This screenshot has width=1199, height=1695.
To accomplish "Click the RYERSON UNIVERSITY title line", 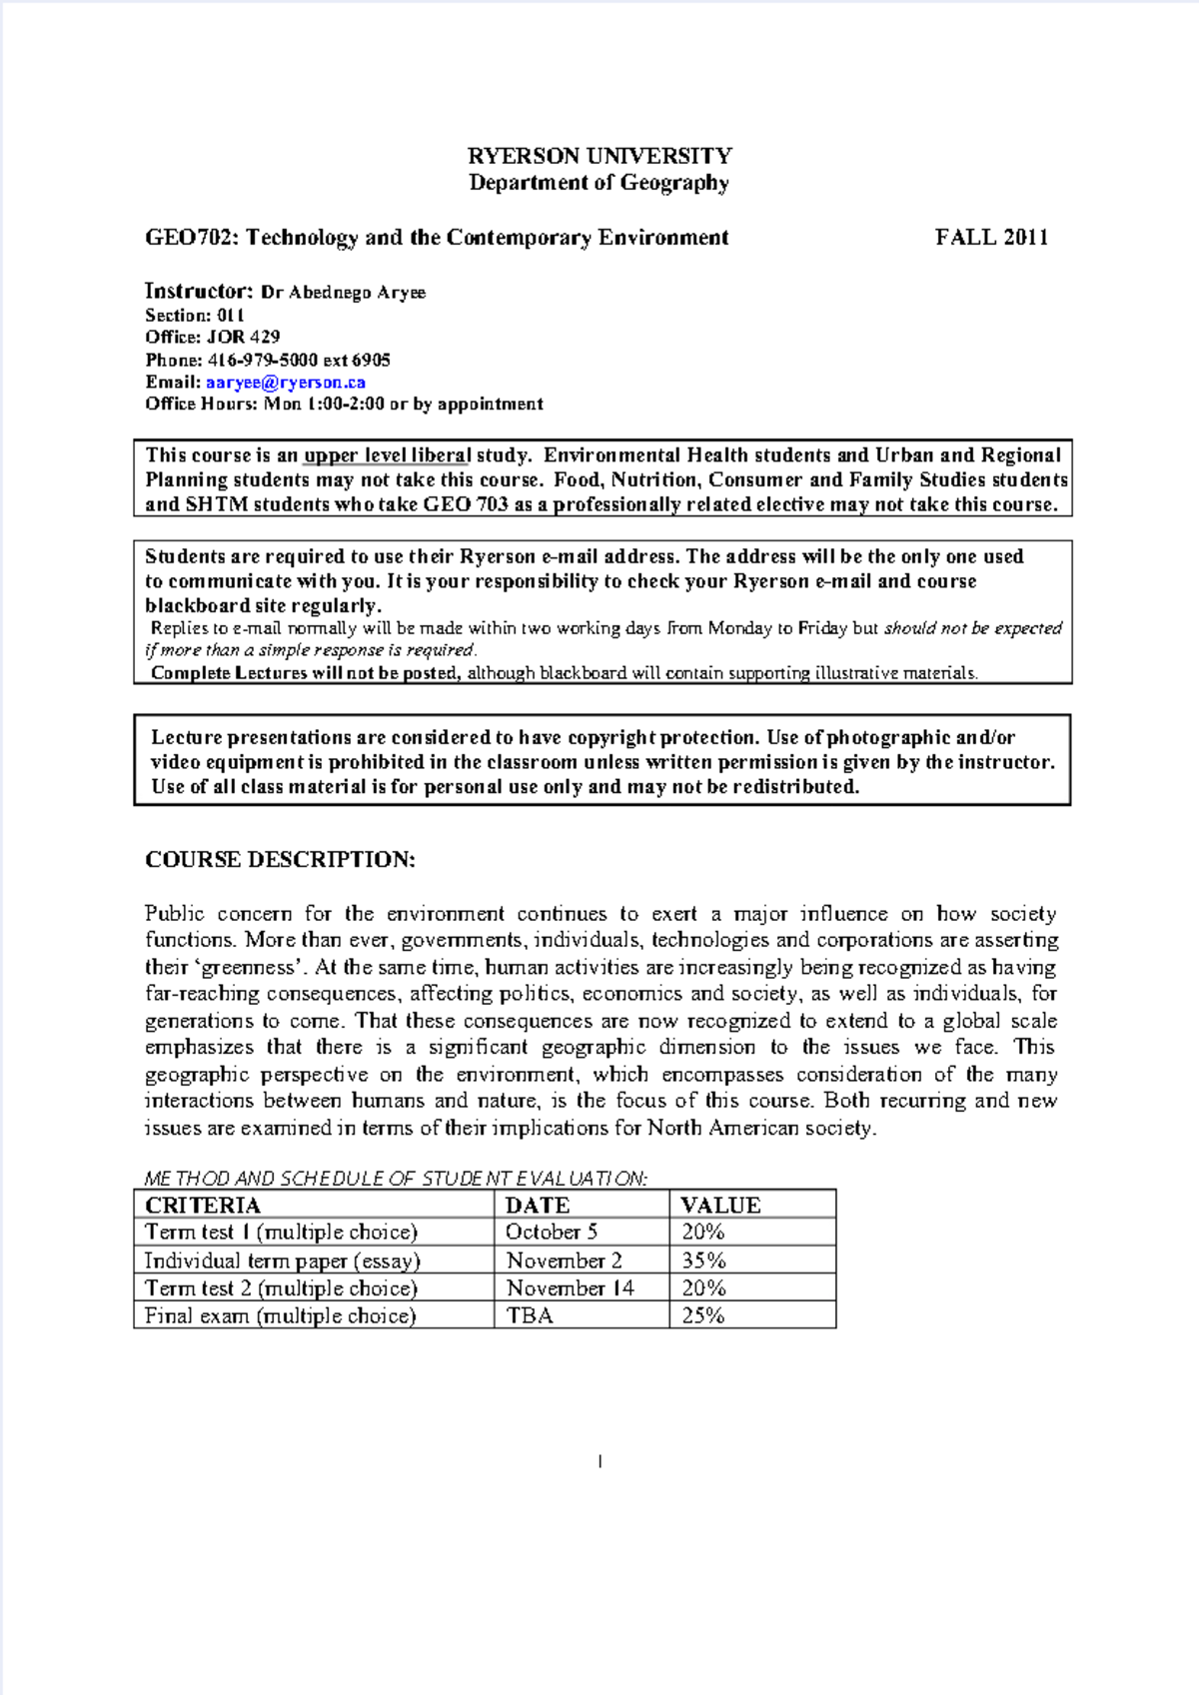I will click(599, 156).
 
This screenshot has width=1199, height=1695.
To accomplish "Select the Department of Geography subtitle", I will click(599, 183).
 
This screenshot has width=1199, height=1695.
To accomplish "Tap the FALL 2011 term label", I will click(991, 238).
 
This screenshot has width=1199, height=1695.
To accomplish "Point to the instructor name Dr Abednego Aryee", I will click(343, 293).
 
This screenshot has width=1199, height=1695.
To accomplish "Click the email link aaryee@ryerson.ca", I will click(286, 383).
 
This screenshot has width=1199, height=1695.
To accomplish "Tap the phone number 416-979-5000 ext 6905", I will click(298, 361).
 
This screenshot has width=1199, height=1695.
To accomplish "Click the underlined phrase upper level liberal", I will click(387, 455).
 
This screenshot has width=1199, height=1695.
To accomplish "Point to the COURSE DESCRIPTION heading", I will click(280, 860).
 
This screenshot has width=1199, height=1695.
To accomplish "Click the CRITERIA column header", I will click(202, 1206).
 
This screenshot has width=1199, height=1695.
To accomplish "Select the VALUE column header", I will click(720, 1206).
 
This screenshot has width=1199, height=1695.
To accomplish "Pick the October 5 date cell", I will click(552, 1233).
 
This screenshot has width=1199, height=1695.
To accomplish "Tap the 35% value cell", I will click(703, 1261).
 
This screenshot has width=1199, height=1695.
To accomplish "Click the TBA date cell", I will click(530, 1315).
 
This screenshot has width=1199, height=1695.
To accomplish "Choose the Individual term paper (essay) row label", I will click(283, 1261).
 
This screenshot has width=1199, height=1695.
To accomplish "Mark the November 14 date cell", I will click(570, 1288).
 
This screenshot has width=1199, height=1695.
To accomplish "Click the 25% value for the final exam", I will click(703, 1315).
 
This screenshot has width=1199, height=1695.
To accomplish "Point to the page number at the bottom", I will click(599, 1462).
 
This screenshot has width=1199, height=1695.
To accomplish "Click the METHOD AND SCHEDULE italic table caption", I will click(396, 1179).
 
